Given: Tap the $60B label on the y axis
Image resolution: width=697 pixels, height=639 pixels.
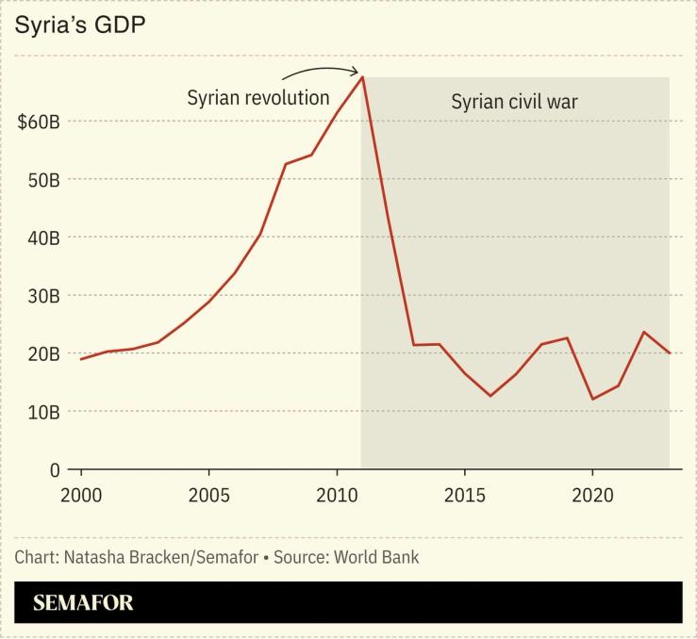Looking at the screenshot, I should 39,122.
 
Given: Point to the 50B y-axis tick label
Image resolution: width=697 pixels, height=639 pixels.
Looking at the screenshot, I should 41,180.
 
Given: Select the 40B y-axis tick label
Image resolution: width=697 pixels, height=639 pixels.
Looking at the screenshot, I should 41,238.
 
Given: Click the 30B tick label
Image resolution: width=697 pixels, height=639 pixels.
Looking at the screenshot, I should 41,296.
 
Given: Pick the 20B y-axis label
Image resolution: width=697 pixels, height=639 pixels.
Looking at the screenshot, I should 41,354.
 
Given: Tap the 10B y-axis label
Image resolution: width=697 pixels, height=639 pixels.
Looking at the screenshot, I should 41,412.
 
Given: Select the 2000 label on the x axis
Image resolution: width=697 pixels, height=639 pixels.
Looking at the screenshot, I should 81,496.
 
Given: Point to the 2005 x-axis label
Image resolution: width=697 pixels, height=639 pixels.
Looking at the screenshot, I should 208,496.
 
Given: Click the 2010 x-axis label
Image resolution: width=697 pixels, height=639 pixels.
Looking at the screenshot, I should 337,496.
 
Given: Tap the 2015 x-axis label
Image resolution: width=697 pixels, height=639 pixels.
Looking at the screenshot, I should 464,496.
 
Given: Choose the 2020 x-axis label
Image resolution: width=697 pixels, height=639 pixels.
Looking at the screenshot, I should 591,496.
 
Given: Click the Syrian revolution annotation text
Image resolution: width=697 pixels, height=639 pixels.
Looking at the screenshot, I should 257,98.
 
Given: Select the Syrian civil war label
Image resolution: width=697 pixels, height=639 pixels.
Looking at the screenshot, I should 513,102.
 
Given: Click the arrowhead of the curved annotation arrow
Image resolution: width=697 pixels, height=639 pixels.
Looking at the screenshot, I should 357,71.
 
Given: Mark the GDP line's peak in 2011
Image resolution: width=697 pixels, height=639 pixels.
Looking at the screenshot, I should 362,77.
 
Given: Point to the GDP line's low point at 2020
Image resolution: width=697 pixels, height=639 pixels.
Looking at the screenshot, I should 592,399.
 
